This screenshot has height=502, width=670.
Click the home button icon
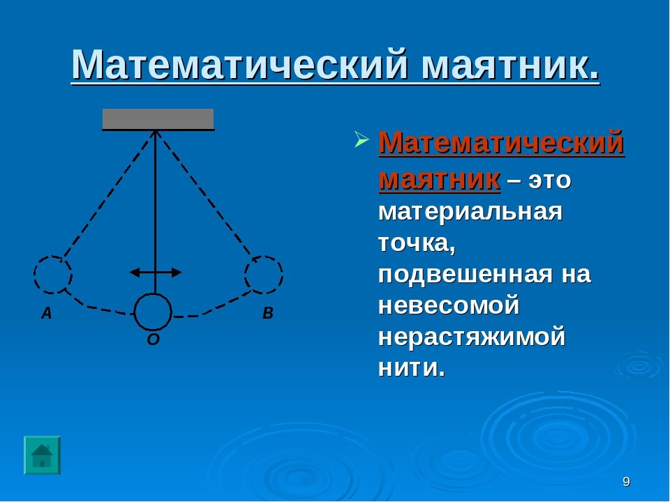pyautogui.click(x=43, y=455)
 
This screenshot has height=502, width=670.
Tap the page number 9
pyautogui.click(x=626, y=482)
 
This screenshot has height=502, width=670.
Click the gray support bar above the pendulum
pyautogui.click(x=158, y=119)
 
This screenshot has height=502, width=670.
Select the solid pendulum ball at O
pyautogui.click(x=153, y=312)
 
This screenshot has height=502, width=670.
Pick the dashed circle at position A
pyautogui.click(x=53, y=274)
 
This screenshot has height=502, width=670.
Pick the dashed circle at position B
pyautogui.click(x=264, y=274)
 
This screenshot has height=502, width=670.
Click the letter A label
pyautogui.click(x=46, y=314)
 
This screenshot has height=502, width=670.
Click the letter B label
pyautogui.click(x=268, y=314)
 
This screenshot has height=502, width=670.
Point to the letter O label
pyautogui.click(x=154, y=340)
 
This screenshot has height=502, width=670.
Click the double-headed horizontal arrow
pyautogui.click(x=156, y=272)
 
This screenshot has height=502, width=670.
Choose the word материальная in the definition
pyautogui.click(x=470, y=212)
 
